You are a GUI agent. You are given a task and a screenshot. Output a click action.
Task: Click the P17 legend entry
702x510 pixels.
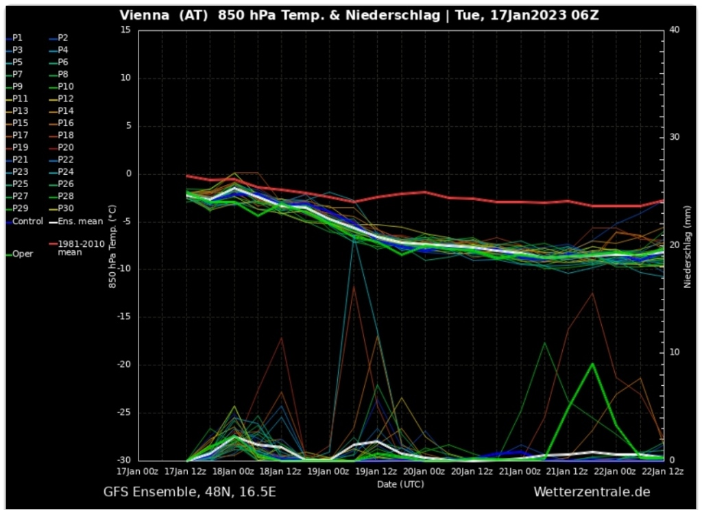pos(21,135)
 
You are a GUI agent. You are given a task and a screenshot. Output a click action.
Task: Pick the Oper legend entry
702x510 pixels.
pos(22,254)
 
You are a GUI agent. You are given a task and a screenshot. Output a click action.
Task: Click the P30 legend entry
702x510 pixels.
pos(66,208)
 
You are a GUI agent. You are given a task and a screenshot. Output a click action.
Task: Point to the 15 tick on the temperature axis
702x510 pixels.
pos(125,29)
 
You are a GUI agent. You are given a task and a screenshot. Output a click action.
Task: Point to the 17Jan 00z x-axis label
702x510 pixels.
pos(138,472)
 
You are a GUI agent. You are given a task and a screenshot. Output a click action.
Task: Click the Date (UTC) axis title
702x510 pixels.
pos(400,484)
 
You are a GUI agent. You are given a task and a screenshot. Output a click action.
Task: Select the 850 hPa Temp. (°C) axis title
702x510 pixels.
pos(112,245)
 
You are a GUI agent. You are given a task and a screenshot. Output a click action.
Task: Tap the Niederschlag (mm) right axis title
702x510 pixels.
pos(687,245)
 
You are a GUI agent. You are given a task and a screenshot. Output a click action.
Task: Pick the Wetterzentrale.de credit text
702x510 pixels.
pos(591,492)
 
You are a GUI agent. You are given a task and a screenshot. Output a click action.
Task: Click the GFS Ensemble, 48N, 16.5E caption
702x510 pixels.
pos(190,492)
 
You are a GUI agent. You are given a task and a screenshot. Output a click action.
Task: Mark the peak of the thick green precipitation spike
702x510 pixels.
pos(592,364)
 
